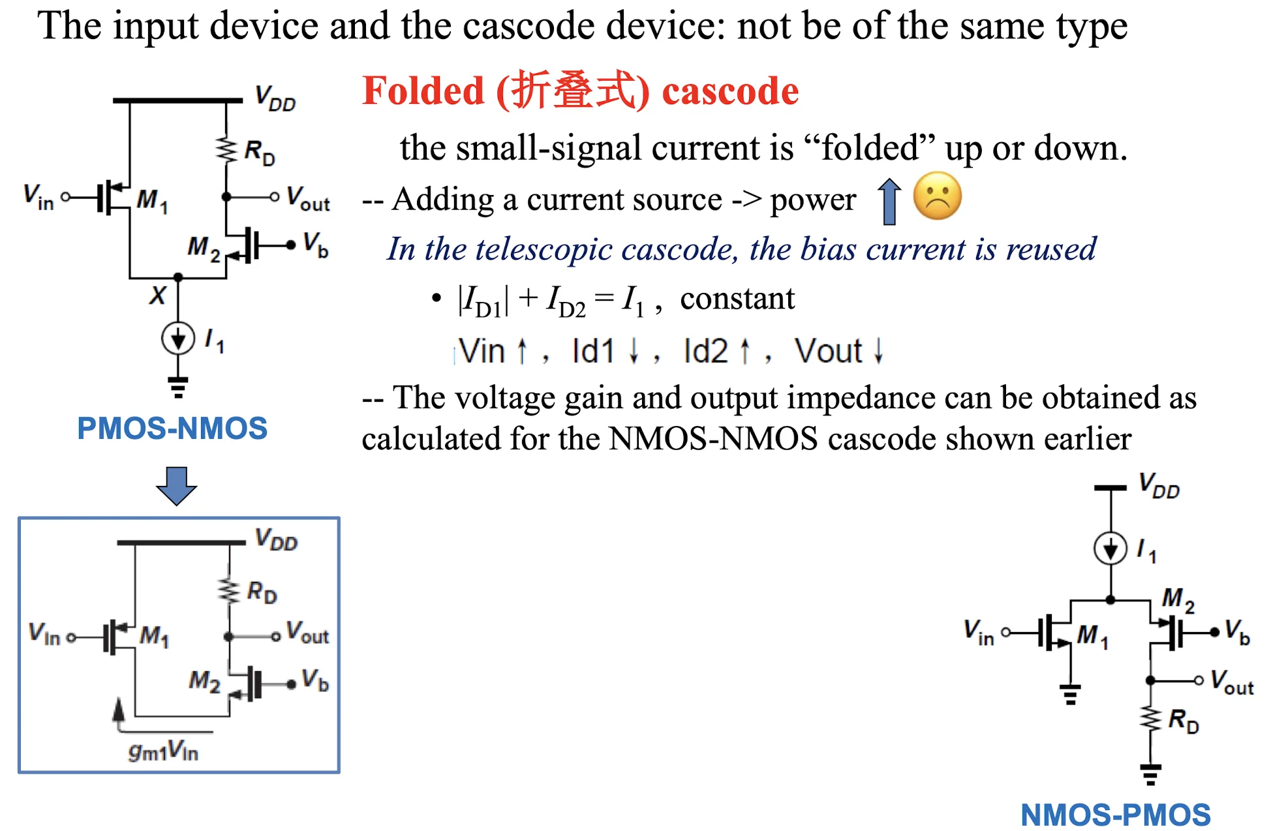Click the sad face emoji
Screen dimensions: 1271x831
coord(937,196)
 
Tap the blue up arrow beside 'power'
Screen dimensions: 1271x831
coord(889,202)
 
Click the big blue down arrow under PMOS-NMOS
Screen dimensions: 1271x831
coord(176,486)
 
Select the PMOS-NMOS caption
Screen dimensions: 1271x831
coord(172,429)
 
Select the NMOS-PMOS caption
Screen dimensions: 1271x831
coord(1116,815)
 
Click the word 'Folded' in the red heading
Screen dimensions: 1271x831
coord(423,91)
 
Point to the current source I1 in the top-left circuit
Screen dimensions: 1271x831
coord(178,339)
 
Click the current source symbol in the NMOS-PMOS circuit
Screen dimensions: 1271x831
coord(1110,549)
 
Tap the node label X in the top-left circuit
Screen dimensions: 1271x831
coord(158,295)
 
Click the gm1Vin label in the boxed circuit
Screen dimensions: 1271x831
coord(163,751)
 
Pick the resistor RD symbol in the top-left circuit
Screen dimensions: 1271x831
coord(226,150)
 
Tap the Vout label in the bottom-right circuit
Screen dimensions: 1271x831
coord(1232,682)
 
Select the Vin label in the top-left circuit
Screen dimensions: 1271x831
coord(38,196)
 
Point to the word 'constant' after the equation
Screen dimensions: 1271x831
coord(737,299)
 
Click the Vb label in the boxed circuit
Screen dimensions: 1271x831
coord(315,680)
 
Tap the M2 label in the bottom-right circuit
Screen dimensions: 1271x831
coord(1178,599)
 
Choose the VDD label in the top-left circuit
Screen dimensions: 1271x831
coord(275,98)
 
